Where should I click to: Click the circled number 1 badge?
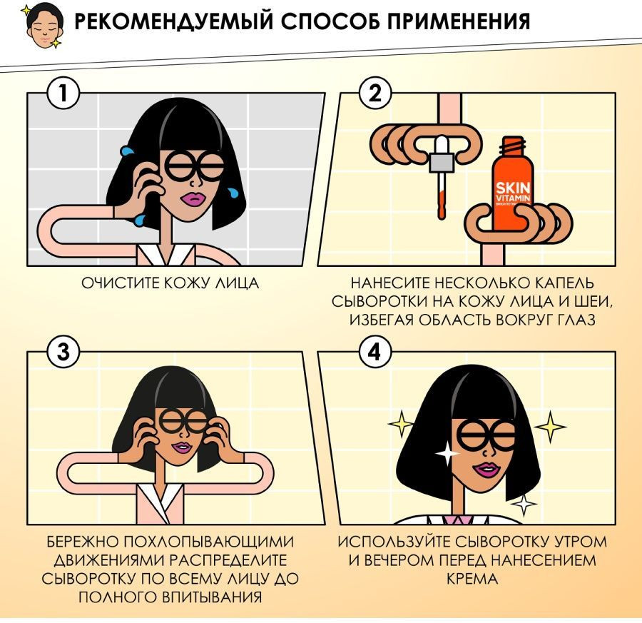(63, 93)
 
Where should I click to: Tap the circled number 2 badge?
(374, 93)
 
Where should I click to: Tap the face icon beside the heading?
(44, 26)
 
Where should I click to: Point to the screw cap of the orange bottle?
(514, 146)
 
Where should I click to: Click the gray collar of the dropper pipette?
(442, 162)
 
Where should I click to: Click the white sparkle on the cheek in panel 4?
(447, 453)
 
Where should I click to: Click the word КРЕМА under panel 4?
(472, 579)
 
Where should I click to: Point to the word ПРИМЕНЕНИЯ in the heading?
(458, 21)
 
